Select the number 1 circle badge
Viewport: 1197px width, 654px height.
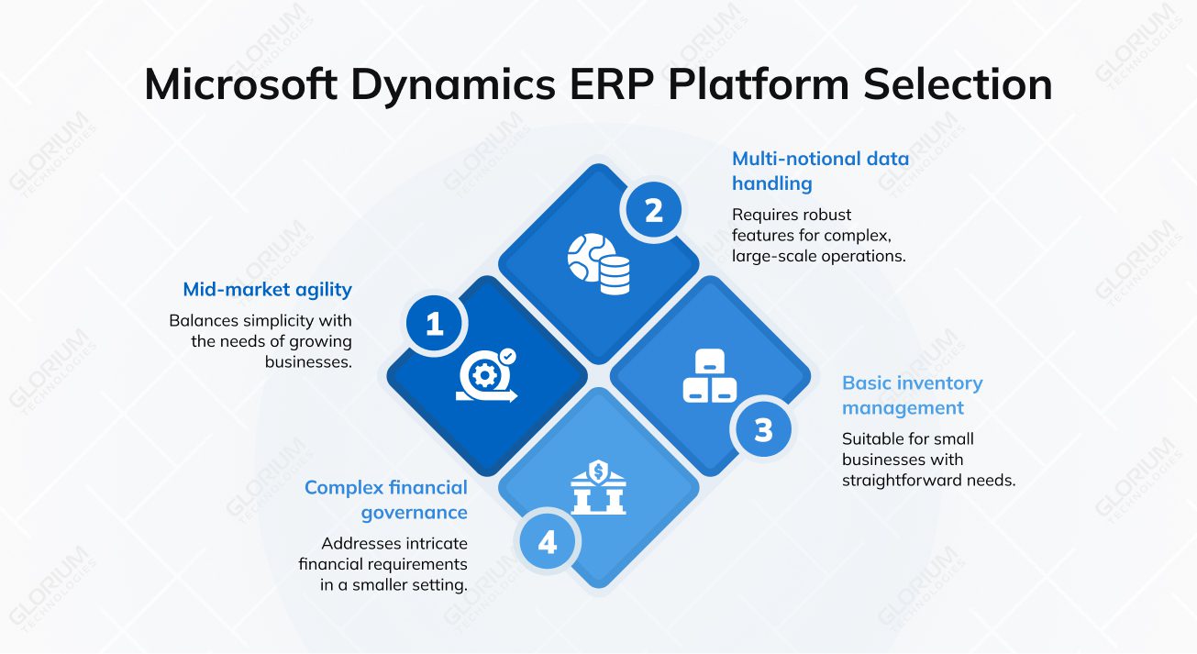435,323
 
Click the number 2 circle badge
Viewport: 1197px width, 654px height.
653,211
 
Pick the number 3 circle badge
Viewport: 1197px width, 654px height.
763,429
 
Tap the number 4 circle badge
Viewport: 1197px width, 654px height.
548,542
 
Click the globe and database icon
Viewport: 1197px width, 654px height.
598,263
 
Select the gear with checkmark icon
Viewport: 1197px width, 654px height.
487,376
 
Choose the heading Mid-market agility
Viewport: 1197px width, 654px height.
267,290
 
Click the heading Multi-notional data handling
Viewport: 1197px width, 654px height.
819,171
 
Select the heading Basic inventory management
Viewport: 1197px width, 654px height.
912,395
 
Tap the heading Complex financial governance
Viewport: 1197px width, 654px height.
385,500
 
